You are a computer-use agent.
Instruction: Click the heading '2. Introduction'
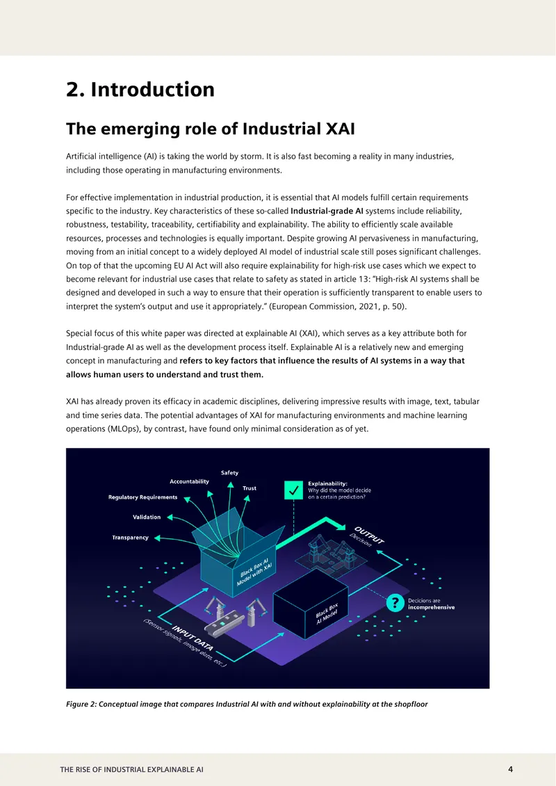140,90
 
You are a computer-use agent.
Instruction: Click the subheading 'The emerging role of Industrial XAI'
211,129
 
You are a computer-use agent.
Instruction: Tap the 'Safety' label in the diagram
230,473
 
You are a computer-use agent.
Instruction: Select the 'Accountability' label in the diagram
189,482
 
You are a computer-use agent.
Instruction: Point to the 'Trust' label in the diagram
250,488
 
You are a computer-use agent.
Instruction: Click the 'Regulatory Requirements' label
142,497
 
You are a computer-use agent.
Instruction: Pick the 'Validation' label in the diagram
147,518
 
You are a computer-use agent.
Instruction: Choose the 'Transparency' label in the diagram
130,538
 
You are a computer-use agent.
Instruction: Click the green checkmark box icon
293,490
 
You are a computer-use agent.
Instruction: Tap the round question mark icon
395,603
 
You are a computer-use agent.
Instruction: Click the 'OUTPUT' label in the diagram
369,535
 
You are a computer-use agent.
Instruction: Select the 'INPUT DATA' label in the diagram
193,638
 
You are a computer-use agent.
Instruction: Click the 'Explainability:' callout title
327,483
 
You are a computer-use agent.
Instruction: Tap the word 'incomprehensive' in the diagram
432,607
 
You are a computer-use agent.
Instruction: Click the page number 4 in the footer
510,769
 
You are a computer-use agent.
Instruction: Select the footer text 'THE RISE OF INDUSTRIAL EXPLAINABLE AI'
132,769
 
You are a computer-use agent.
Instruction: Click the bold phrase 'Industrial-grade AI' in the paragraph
327,211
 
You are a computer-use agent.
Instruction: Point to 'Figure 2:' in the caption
81,705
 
